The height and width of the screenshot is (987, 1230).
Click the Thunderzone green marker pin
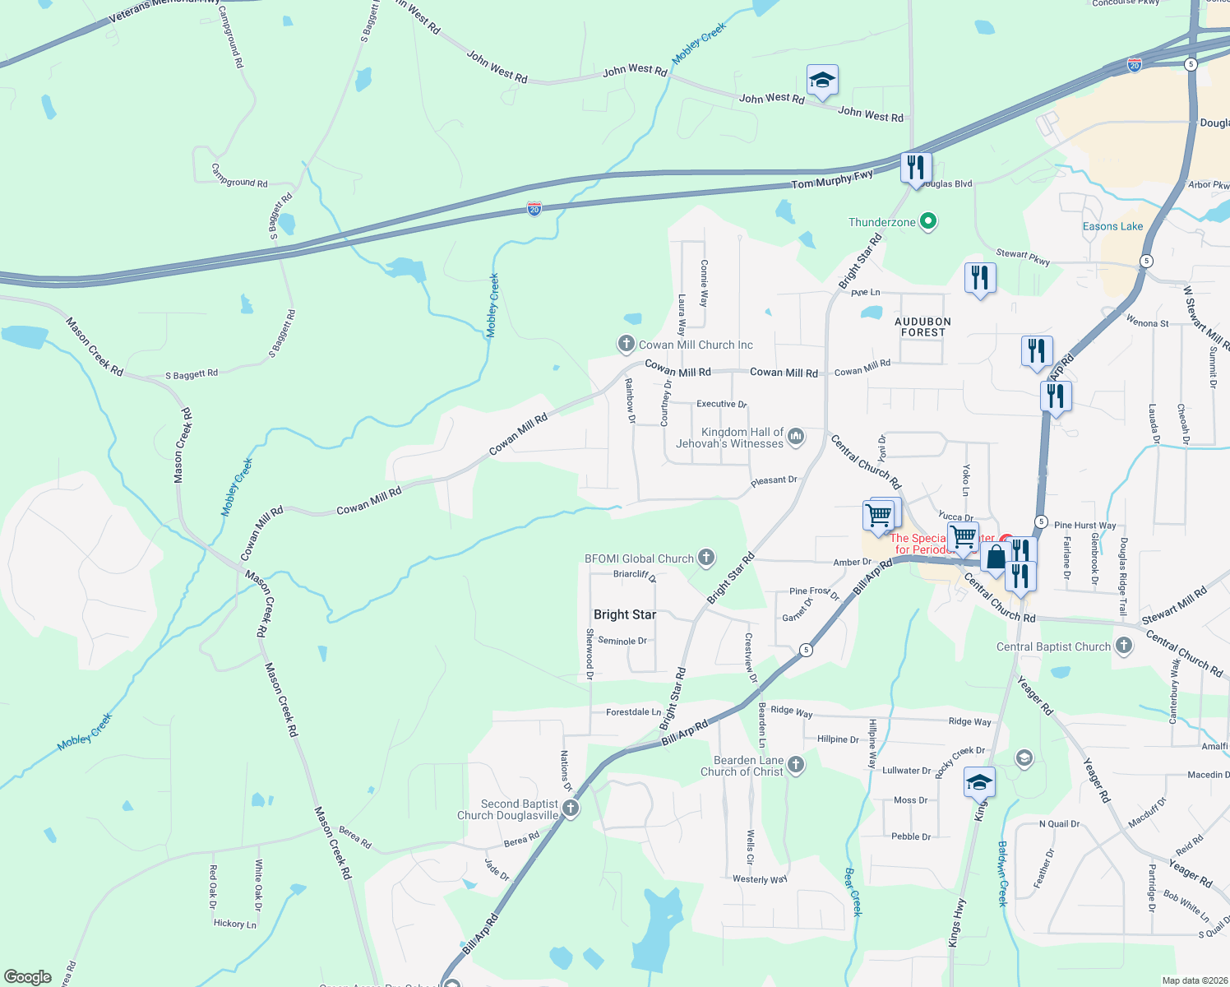coord(928,221)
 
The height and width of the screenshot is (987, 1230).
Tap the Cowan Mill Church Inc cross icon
coord(626,344)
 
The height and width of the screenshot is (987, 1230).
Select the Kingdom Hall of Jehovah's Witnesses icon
coord(796,437)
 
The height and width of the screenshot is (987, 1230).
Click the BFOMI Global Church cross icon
coord(705,558)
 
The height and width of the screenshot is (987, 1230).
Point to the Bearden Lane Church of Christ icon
coord(795,765)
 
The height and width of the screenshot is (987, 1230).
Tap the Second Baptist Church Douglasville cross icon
coord(570,809)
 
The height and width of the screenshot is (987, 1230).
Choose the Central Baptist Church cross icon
coord(1123,646)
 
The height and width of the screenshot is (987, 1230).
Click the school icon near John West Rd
coord(822,81)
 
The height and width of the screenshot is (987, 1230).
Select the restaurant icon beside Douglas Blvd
coord(915,168)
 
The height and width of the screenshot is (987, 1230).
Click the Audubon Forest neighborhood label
coord(922,327)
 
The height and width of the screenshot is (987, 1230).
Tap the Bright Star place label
coord(625,614)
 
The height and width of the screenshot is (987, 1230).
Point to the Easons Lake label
coord(1112,226)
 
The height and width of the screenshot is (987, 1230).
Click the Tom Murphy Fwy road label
coord(832,180)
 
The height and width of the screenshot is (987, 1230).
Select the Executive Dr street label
coord(721,404)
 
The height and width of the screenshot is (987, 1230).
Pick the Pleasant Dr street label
coord(774,480)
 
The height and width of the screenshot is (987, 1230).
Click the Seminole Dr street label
coord(622,641)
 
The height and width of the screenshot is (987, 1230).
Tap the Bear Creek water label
coord(853,892)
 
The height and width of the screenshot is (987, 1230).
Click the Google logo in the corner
coord(28,976)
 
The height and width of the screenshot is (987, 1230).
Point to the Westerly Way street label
coord(760,879)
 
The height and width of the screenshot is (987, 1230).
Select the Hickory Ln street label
coord(235,924)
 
